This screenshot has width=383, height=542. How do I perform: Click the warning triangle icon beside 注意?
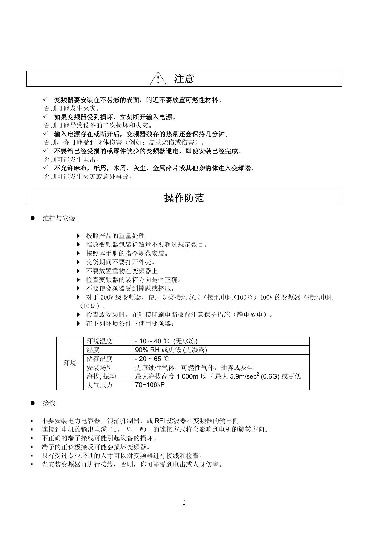tap(158, 79)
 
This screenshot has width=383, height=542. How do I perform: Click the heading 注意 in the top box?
tap(184, 79)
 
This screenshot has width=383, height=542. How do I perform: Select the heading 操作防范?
tap(184, 198)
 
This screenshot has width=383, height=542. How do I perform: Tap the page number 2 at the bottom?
tap(184, 503)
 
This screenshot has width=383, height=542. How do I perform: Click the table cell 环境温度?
tap(100, 341)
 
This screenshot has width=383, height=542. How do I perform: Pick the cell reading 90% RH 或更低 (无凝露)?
tap(171, 350)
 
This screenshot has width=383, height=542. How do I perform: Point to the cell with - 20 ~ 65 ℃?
tap(152, 359)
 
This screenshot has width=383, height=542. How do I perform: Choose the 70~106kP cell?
tap(150, 385)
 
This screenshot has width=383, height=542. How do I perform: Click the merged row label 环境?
tap(70, 363)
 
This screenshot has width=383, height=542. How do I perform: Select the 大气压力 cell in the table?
tap(100, 385)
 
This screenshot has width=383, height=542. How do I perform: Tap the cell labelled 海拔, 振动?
tap(101, 376)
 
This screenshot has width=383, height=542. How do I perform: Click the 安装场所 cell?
tap(100, 368)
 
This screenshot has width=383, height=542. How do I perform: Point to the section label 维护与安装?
tap(59, 219)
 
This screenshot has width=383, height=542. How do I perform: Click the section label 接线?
tap(49, 403)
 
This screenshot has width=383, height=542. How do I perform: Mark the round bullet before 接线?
tap(32, 403)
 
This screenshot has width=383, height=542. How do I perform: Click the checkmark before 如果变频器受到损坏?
tap(45, 116)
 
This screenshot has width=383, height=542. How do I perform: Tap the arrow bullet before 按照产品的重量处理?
tap(78, 236)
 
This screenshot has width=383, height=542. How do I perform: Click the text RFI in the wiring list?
tap(160, 421)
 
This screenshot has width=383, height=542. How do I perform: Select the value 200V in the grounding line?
tap(106, 297)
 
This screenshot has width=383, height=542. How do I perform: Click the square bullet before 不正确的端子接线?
tap(32, 438)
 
